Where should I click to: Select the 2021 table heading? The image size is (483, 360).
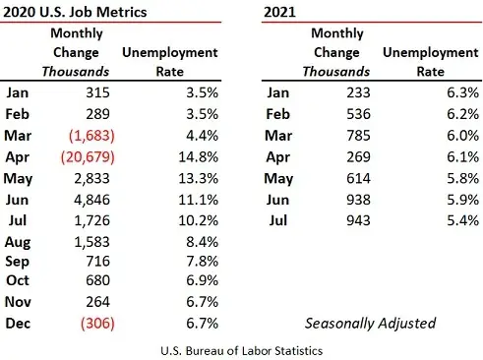[x=282, y=13]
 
